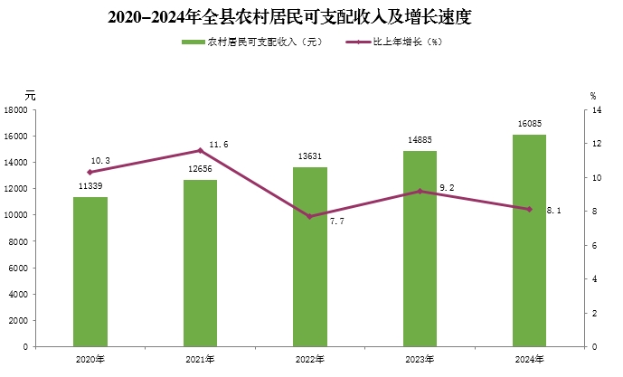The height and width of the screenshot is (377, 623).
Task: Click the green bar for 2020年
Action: point(90,271)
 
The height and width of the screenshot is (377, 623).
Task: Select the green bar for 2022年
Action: point(309,257)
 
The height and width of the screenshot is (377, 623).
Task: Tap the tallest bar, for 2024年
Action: point(529,240)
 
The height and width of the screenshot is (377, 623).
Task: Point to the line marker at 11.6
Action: point(200,150)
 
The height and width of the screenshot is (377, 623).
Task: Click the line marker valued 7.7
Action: point(309,216)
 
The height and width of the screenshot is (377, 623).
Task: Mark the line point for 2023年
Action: point(420,191)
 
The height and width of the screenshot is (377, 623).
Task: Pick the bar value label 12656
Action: point(200,169)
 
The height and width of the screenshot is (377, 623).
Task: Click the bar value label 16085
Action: point(529,124)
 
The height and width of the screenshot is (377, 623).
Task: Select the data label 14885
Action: point(420,139)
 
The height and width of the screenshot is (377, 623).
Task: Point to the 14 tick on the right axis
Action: point(596,110)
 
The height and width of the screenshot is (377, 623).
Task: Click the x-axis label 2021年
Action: point(200,359)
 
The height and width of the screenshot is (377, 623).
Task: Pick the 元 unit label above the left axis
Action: point(30,94)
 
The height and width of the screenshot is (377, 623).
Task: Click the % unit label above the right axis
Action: point(593,94)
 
